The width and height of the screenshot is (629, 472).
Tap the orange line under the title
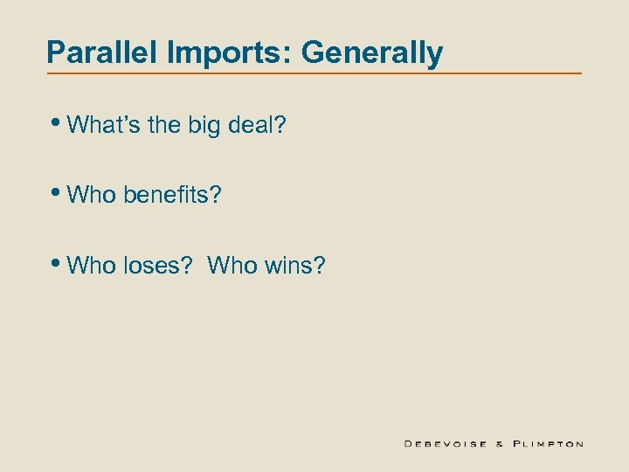(x=314, y=73)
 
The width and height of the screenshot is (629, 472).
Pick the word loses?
(x=158, y=263)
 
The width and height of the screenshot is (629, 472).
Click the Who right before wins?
(x=232, y=263)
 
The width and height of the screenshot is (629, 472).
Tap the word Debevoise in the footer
(x=446, y=443)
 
